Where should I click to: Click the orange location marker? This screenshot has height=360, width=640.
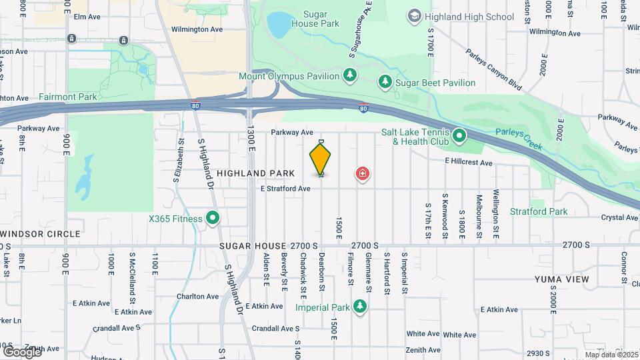click(x=321, y=159)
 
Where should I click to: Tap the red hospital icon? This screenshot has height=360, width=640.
click(x=363, y=175)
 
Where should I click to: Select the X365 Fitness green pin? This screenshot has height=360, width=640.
click(x=213, y=217)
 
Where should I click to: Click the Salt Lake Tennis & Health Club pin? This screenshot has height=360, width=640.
click(x=459, y=137)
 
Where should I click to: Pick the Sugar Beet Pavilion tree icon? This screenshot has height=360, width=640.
click(x=385, y=82)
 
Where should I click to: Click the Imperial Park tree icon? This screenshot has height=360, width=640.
click(x=360, y=307)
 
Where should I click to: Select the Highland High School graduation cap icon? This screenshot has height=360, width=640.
click(x=415, y=16)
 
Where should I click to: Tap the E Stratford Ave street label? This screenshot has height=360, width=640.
click(x=285, y=189)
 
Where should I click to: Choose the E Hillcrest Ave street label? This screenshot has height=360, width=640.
click(x=469, y=163)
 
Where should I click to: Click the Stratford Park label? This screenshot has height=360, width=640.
click(x=539, y=211)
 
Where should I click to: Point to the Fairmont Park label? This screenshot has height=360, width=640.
click(x=67, y=97)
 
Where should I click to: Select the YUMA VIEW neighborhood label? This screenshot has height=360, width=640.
click(x=560, y=279)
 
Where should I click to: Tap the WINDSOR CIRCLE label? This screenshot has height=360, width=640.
click(x=41, y=234)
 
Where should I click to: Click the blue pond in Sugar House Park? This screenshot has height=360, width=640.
click(x=279, y=25)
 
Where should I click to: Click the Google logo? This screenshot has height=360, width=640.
click(x=22, y=351)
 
